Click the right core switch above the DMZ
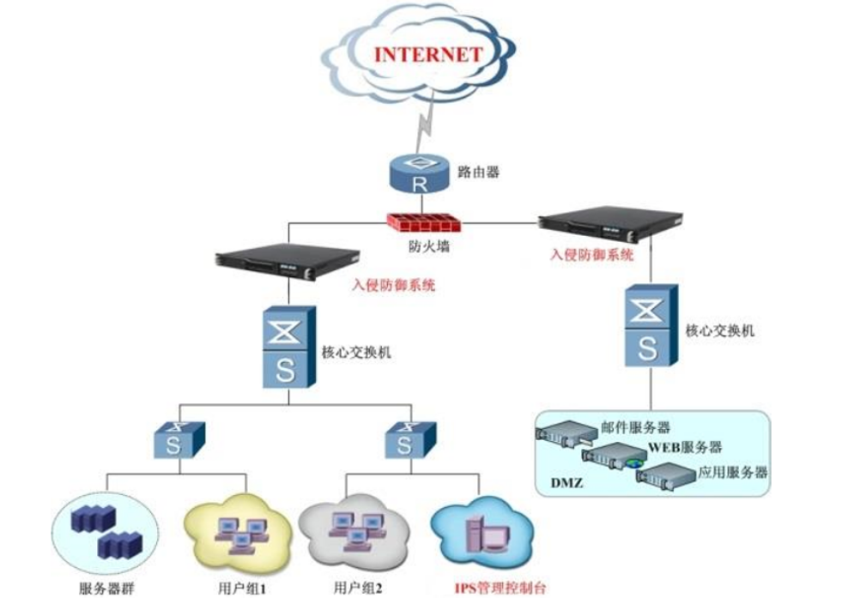[647, 327]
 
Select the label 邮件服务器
[634, 426]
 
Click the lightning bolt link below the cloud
[421, 129]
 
